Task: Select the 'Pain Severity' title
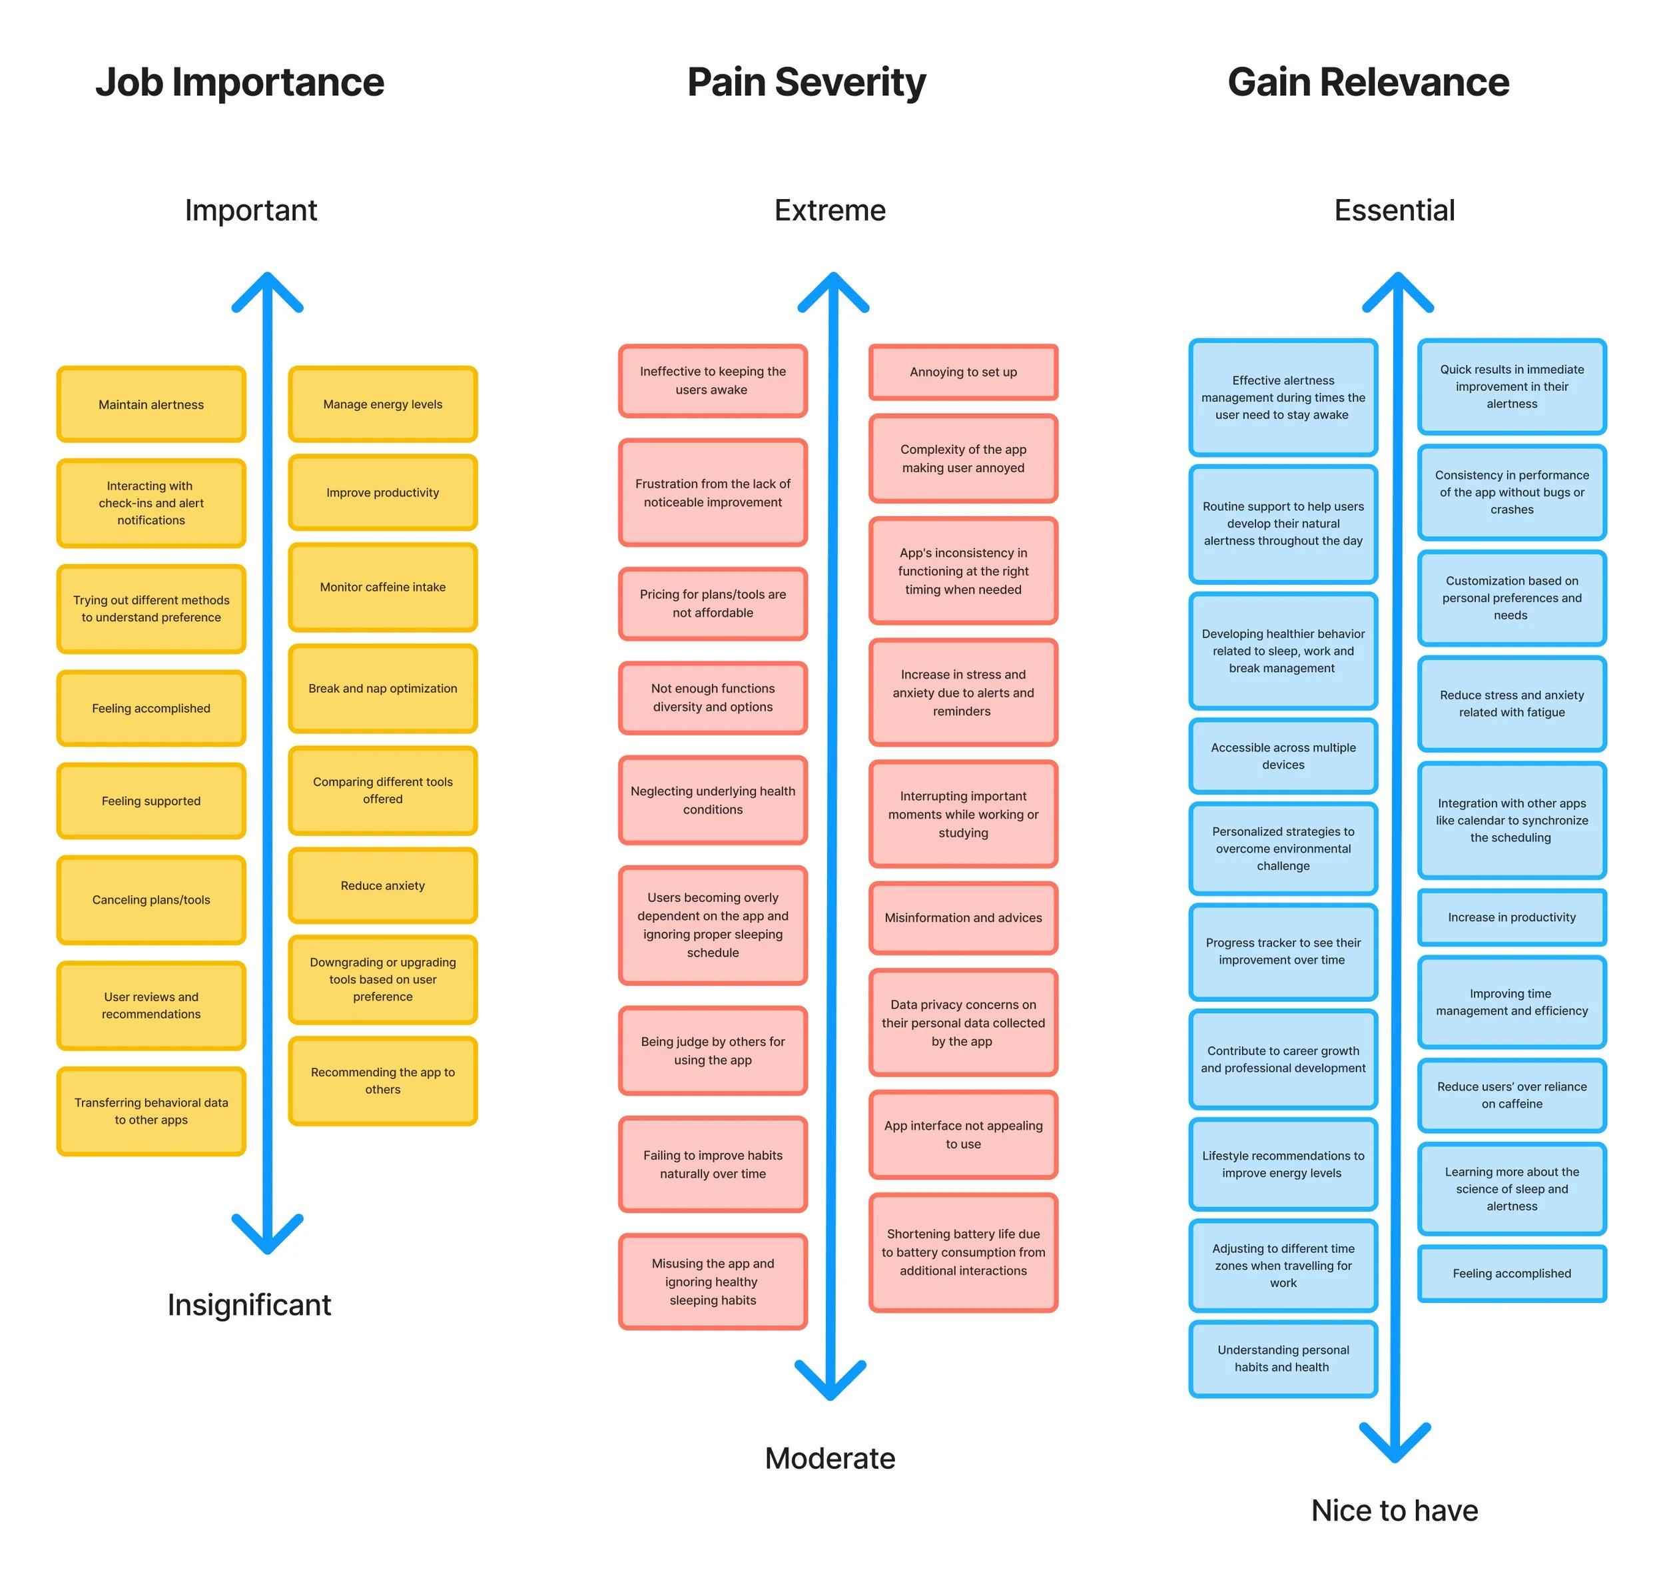805,83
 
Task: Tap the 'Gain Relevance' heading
1367,83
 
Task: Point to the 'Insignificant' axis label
248,1304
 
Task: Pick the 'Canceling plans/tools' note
151,899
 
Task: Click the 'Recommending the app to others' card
383,1080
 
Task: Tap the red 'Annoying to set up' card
962,372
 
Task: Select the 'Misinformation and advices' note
962,917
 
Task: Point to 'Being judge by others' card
712,1050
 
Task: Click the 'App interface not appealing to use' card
962,1134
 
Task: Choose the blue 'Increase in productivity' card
1510,917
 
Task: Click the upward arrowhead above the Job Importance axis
267,288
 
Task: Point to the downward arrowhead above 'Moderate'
829,1384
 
